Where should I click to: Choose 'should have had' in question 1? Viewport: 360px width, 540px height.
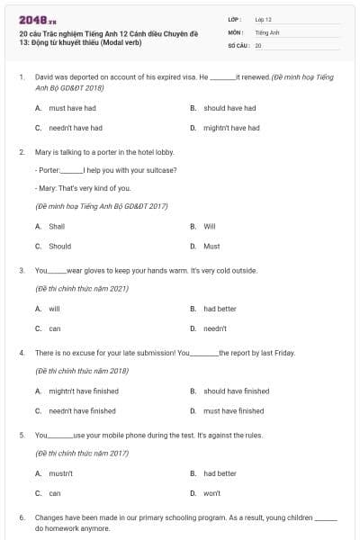[229, 108]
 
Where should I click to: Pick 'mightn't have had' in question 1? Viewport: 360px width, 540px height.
[231, 128]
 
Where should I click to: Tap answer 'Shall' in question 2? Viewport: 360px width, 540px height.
[57, 226]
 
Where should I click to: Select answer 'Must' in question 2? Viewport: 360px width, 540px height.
[211, 246]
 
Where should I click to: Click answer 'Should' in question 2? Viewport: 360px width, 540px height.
[59, 246]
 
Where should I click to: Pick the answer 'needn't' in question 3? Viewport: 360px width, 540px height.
[215, 328]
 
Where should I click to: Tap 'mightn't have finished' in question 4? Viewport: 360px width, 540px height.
[82, 391]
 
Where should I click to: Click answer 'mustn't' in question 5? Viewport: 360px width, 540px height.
[60, 472]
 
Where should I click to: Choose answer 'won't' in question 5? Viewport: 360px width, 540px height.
[212, 493]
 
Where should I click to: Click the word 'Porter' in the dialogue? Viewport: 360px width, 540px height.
[49, 170]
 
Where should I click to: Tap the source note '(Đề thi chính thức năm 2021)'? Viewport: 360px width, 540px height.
[81, 288]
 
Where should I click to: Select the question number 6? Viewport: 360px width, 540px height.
[22, 518]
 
